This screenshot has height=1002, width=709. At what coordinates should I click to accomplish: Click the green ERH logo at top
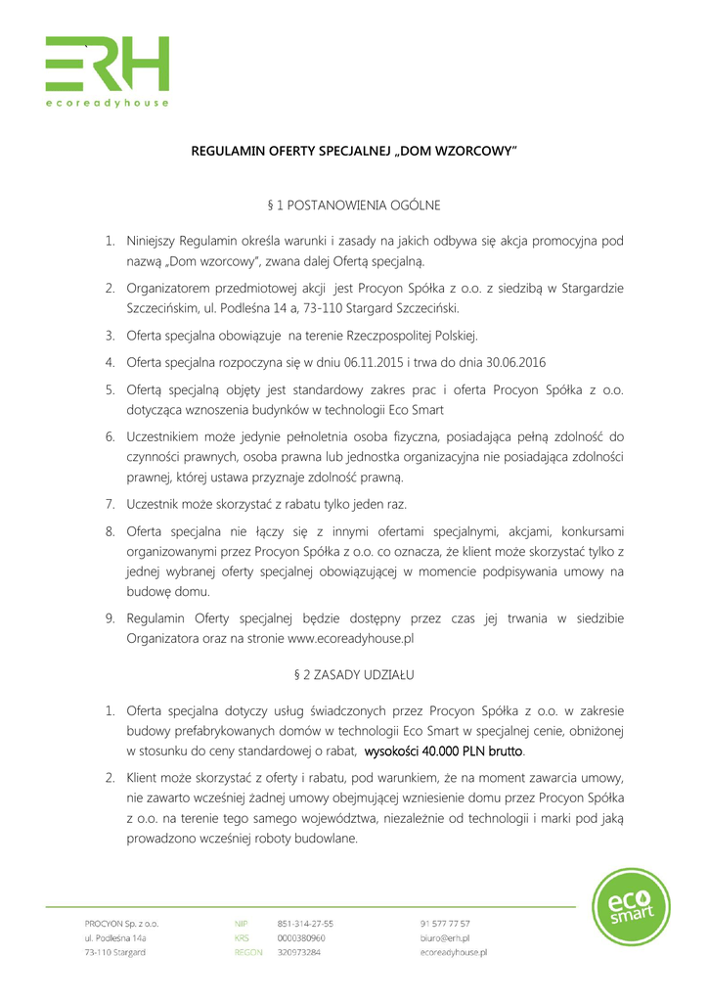108,64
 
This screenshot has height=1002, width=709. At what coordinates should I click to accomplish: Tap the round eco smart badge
632,907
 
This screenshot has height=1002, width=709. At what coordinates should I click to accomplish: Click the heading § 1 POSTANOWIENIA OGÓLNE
354,205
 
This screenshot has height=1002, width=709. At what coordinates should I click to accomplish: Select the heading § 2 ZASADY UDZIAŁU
354,675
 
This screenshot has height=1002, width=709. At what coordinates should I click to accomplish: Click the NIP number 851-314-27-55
305,923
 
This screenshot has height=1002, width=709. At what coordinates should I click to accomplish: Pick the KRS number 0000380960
301,937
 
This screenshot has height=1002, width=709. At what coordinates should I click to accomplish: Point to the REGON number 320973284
299,952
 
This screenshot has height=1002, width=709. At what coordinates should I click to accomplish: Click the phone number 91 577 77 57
445,923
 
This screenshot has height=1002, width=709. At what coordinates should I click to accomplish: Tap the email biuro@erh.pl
444,937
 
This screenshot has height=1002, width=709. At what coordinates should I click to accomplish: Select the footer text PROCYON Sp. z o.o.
121,923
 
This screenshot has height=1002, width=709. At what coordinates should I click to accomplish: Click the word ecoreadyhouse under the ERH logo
108,103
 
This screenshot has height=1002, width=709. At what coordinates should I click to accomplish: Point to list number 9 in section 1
111,618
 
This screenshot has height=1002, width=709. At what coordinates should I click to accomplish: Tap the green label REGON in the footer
247,952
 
